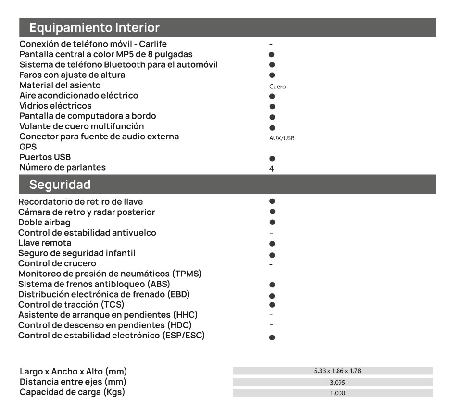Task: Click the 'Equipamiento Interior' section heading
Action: click(94, 27)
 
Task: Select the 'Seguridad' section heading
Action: click(60, 184)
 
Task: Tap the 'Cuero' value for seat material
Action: click(277, 87)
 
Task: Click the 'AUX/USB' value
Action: click(282, 138)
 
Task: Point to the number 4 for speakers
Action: click(272, 169)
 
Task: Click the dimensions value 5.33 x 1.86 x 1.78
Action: click(333, 371)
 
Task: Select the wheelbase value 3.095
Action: click(333, 383)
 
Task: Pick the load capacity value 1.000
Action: click(333, 393)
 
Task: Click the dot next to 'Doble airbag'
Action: click(272, 222)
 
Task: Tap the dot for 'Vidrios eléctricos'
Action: click(272, 106)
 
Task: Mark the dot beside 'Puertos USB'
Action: click(272, 158)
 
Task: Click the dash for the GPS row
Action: click(271, 149)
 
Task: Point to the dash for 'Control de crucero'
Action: click(271, 264)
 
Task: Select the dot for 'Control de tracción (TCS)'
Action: click(272, 305)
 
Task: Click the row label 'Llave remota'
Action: click(45, 243)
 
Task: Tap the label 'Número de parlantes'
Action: click(63, 167)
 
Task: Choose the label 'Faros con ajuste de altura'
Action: click(72, 75)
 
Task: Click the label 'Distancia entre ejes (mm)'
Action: click(73, 382)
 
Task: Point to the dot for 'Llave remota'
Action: click(272, 244)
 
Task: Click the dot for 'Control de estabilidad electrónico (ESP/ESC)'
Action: click(272, 338)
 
